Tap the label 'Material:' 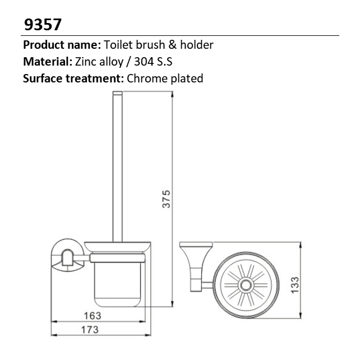click(x=47, y=62)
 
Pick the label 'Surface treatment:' click(x=73, y=79)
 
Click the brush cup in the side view click(x=118, y=280)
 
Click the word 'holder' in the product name click(x=198, y=45)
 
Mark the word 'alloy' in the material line click(x=115, y=62)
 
